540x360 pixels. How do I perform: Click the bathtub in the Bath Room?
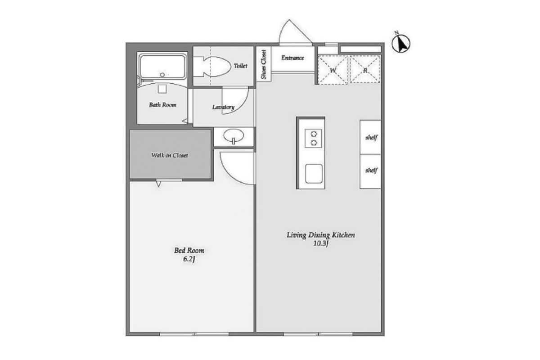[163, 67]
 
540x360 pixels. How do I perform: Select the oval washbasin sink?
[234, 136]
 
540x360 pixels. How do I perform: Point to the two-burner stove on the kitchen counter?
[313, 138]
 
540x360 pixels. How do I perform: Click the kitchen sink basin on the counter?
[314, 174]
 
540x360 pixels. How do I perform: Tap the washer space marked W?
[333, 70]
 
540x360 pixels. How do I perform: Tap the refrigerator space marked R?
[365, 70]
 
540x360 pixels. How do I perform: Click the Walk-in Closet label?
[170, 155]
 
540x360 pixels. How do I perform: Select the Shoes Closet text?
[264, 64]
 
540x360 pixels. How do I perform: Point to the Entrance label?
[292, 58]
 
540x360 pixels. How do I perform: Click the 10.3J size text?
[321, 243]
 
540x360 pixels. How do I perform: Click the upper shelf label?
[371, 137]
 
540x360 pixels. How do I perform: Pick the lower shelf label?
[371, 170]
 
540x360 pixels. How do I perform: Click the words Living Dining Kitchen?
[320, 235]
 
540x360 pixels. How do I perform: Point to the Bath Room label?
[162, 105]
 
